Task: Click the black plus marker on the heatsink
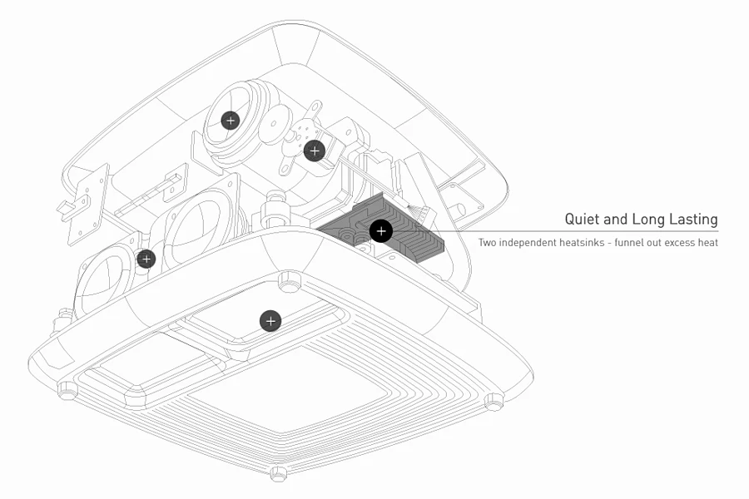pos(381,231)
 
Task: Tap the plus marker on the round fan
pos(231,121)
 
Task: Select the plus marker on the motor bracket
pos(314,151)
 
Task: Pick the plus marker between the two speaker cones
pos(146,259)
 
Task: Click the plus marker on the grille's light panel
pos(270,320)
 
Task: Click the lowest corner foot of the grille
pos(279,474)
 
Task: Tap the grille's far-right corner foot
pos(494,403)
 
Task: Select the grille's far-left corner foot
pos(64,388)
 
